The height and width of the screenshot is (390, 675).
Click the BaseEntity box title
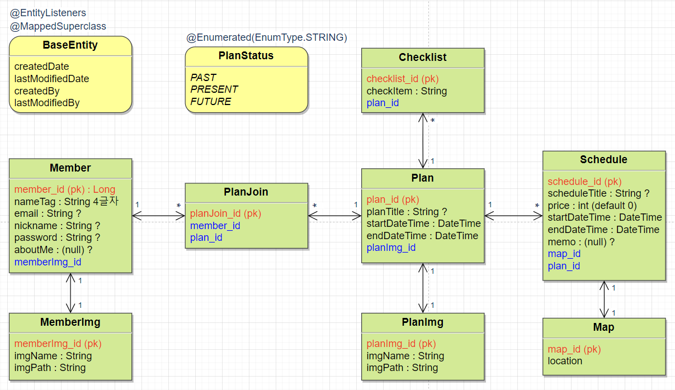pyautogui.click(x=70, y=46)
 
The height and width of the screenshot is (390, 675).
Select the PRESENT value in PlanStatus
pyautogui.click(x=214, y=89)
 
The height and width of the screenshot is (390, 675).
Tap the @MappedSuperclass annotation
pyautogui.click(x=58, y=26)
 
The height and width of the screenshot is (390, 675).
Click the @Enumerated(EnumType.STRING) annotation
pyautogui.click(x=267, y=37)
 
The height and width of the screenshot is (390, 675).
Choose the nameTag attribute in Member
pyautogui.click(x=66, y=202)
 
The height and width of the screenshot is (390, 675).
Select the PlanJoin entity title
pyautogui.click(x=246, y=192)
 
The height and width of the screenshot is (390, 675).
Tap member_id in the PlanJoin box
pyautogui.click(x=215, y=226)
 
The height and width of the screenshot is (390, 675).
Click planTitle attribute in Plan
pyautogui.click(x=407, y=212)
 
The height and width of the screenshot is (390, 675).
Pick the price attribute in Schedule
pyautogui.click(x=592, y=206)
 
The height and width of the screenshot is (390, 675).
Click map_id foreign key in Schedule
pyautogui.click(x=564, y=254)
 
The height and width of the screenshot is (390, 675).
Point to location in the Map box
pyautogui.click(x=565, y=361)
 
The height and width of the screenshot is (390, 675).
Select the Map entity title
pyautogui.click(x=603, y=327)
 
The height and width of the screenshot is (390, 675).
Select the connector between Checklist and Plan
pyautogui.click(x=423, y=140)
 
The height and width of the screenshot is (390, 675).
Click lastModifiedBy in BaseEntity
pyautogui.click(x=47, y=103)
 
